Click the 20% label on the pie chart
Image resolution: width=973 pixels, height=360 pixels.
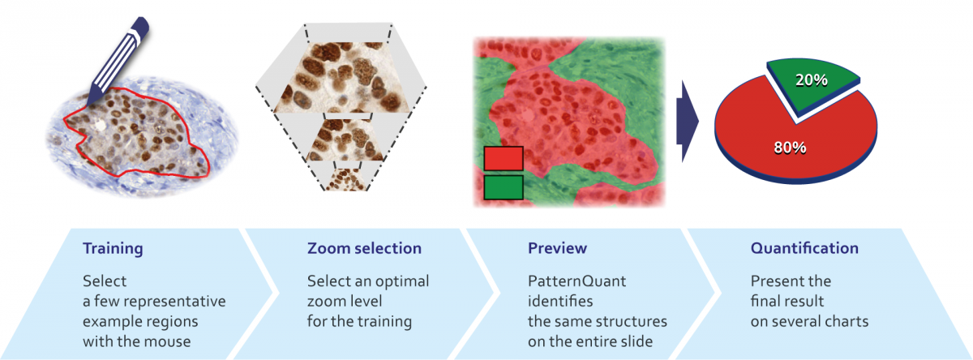click(812, 80)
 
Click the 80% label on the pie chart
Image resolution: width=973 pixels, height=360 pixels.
click(790, 148)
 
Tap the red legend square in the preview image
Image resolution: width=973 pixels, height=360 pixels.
click(504, 158)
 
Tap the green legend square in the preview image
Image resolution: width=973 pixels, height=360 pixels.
click(504, 187)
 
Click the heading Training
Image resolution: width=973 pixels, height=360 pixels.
click(113, 248)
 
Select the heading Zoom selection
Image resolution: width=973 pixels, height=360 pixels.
click(364, 248)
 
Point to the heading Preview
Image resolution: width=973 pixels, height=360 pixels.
click(557, 248)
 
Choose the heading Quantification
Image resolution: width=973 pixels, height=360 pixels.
click(804, 248)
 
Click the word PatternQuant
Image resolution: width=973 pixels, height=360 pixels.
click(577, 281)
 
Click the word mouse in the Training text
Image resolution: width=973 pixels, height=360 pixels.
click(169, 341)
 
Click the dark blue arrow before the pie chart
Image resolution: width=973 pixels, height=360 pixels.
click(688, 121)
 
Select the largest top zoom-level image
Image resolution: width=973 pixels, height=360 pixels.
click(342, 77)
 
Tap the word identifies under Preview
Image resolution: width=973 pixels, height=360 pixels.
click(560, 301)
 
